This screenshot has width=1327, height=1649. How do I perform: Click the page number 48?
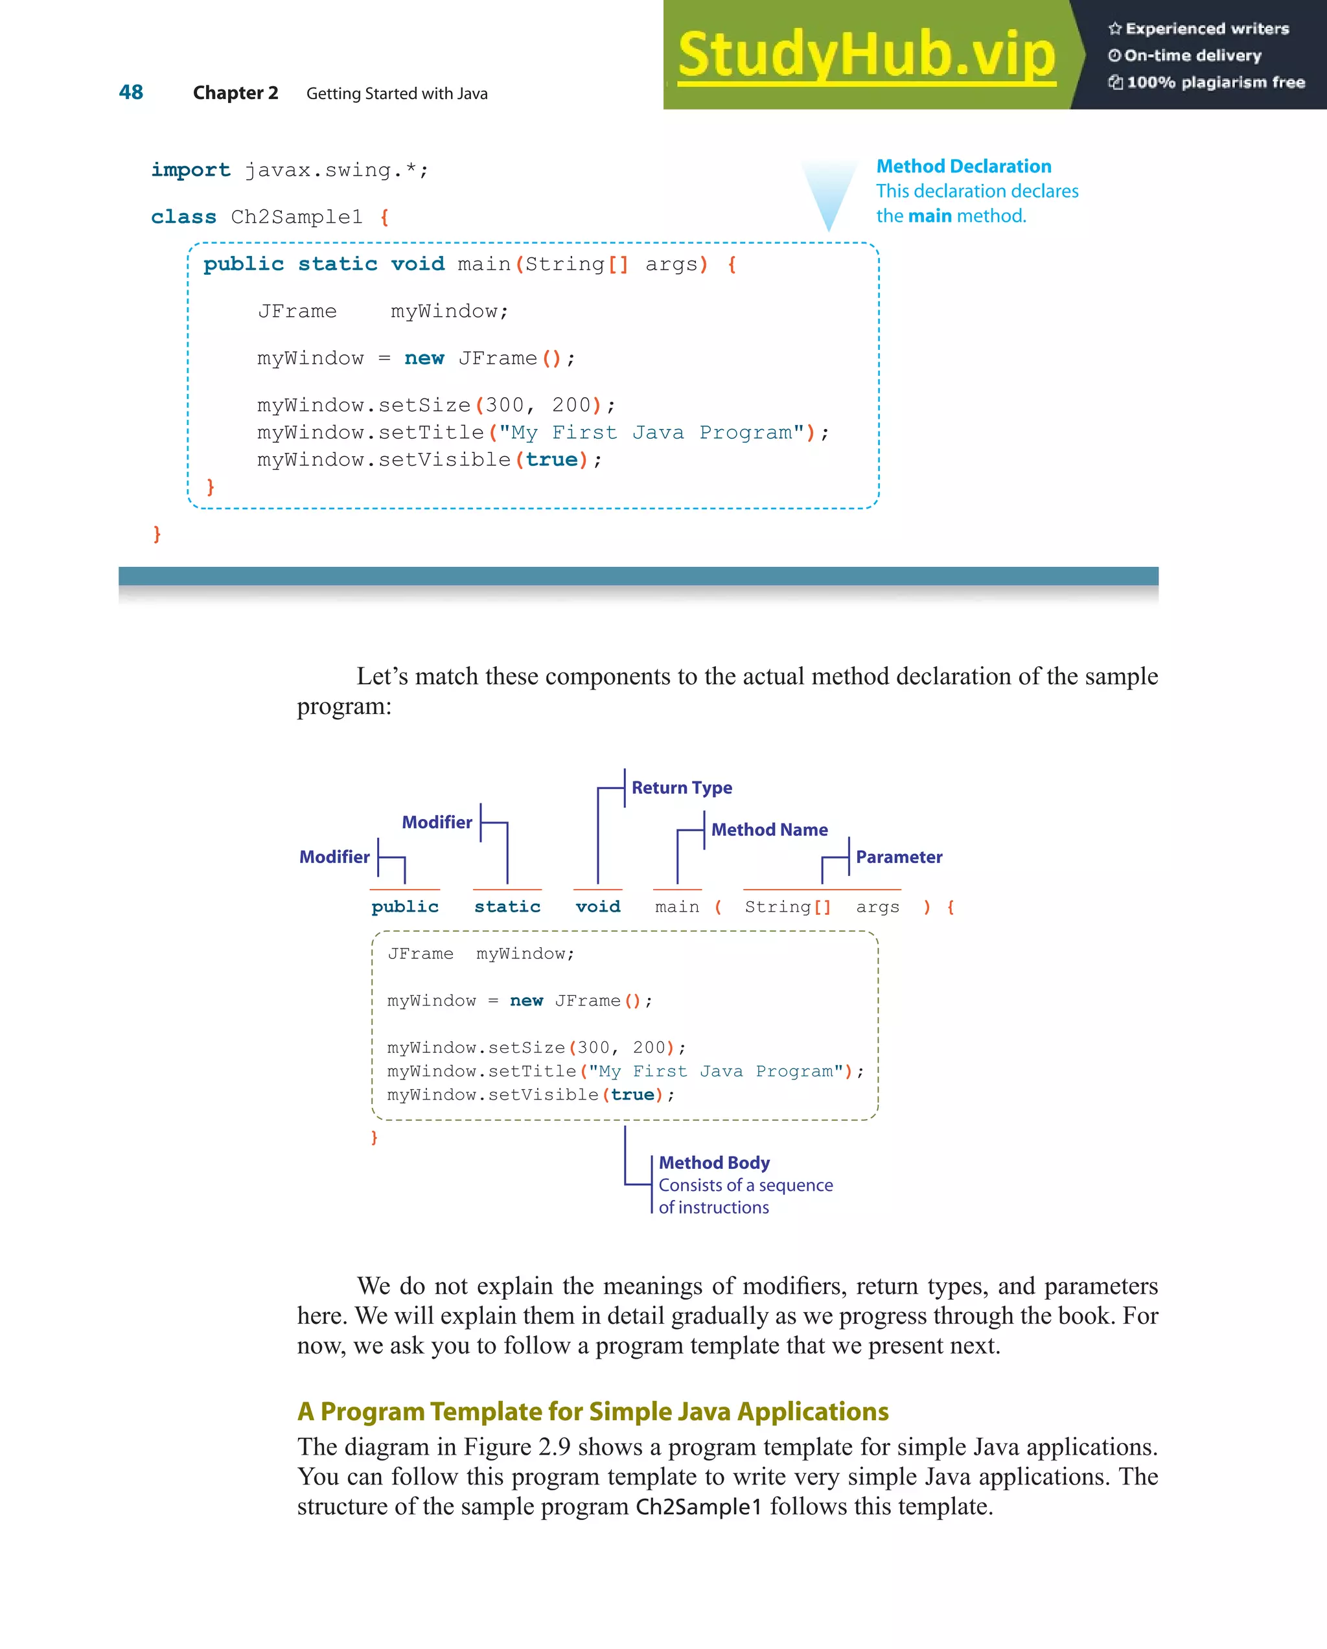[x=131, y=93]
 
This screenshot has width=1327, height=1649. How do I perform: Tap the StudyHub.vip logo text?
[x=866, y=55]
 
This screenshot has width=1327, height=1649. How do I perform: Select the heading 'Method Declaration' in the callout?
[x=963, y=166]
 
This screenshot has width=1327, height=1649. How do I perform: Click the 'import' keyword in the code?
[x=190, y=170]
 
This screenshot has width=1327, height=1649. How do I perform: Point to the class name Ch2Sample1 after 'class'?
[x=297, y=217]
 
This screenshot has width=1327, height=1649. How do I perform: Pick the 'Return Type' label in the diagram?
[x=682, y=788]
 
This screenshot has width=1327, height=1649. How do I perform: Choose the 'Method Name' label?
[x=768, y=830]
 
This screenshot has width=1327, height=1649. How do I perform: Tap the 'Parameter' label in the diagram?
[x=899, y=857]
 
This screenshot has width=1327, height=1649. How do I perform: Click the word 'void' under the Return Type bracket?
[x=598, y=906]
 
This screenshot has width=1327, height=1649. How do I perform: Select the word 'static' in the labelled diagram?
[x=507, y=906]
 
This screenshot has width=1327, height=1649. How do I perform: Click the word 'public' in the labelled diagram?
[x=404, y=906]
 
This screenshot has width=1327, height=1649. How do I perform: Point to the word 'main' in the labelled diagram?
[x=677, y=906]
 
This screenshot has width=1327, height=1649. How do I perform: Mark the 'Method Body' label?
[x=714, y=1162]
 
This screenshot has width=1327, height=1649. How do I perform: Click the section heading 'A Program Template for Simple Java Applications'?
[x=593, y=1411]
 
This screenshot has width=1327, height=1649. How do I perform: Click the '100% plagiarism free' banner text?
[x=1216, y=82]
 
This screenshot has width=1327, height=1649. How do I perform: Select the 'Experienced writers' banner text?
[x=1207, y=29]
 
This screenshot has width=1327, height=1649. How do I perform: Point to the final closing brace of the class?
[x=157, y=533]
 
